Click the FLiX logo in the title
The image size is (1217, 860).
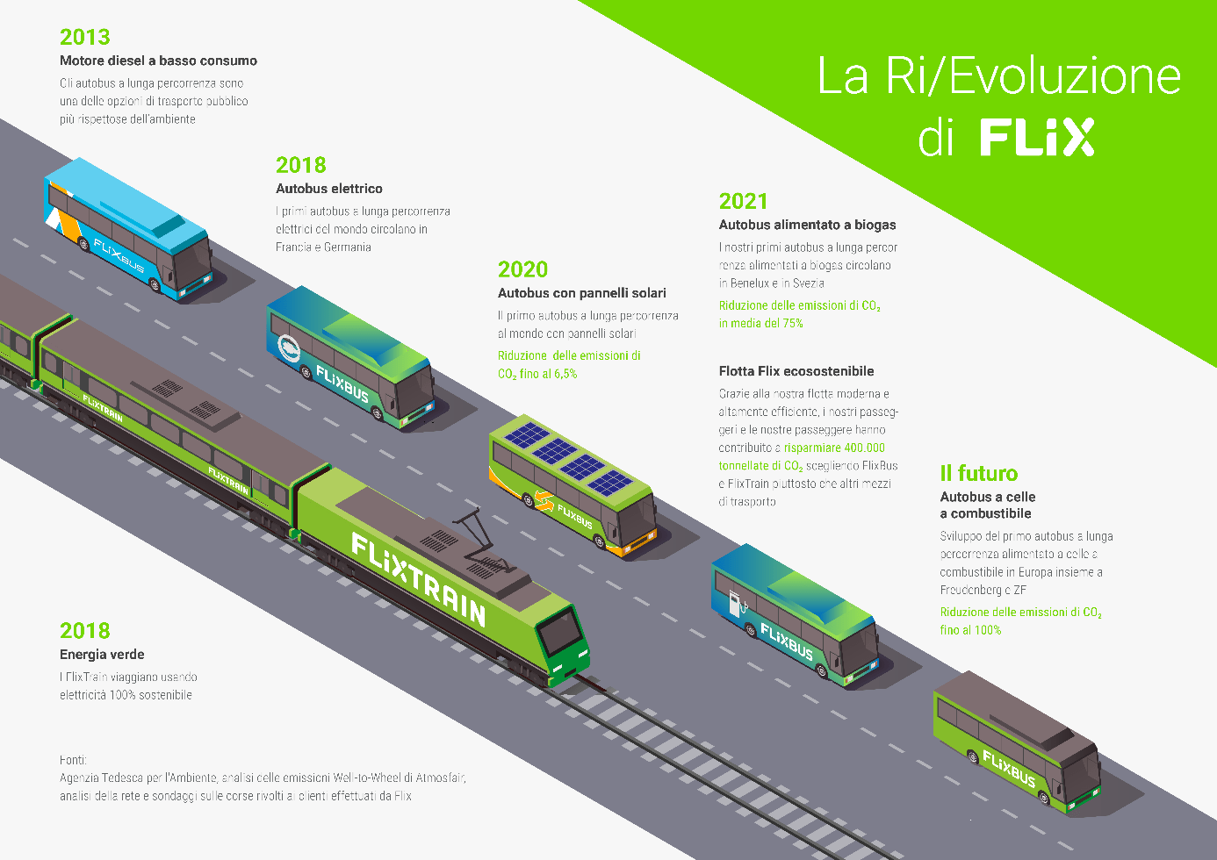(x=1037, y=138)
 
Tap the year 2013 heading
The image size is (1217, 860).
(x=85, y=37)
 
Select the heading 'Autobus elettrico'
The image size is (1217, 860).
(x=329, y=189)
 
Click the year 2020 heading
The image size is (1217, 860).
(x=522, y=269)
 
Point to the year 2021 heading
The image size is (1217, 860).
(x=743, y=202)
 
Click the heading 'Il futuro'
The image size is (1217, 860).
(x=979, y=474)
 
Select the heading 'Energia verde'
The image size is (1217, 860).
(x=102, y=655)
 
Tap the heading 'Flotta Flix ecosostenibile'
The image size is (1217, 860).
(x=796, y=371)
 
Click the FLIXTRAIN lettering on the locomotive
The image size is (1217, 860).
(x=418, y=580)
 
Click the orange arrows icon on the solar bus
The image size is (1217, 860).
(x=544, y=502)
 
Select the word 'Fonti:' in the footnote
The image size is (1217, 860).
(x=73, y=760)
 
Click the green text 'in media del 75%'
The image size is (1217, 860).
(x=760, y=324)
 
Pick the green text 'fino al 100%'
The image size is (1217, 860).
(x=970, y=630)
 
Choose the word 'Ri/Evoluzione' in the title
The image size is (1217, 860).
(x=1033, y=76)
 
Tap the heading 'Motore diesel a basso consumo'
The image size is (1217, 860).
(x=158, y=61)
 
